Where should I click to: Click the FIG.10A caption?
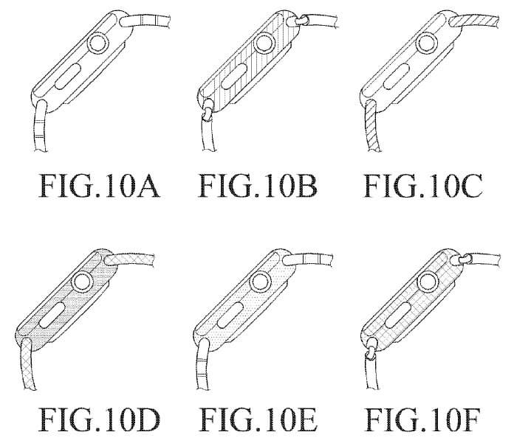tap(99, 186)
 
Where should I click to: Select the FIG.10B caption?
tap(258, 186)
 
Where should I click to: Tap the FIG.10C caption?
tap(423, 186)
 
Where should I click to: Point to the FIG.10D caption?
tap(99, 419)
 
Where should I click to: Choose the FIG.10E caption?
tap(258, 419)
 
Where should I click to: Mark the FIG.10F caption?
tap(423, 419)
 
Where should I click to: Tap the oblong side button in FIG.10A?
tap(68, 76)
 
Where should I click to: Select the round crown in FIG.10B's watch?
tap(265, 43)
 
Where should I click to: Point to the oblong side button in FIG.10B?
tap(234, 76)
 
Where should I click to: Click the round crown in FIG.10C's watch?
tap(427, 43)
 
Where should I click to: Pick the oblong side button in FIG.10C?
tap(396, 76)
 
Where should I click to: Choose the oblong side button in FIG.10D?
tap(52, 315)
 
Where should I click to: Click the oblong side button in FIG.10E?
tap(230, 315)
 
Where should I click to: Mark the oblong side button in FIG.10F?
tap(397, 315)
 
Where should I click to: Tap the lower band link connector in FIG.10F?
tap(371, 351)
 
